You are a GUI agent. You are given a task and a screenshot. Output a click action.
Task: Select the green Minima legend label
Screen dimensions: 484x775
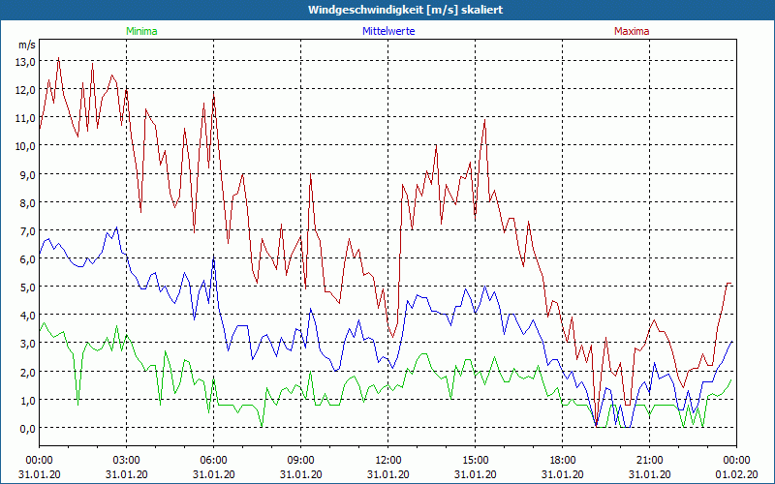[141, 31]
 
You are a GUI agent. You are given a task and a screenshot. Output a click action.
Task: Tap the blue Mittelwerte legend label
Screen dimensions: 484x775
[387, 31]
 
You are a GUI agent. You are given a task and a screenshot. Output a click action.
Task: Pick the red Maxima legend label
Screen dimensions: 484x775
[632, 31]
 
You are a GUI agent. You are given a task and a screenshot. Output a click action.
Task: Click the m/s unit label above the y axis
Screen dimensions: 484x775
[26, 45]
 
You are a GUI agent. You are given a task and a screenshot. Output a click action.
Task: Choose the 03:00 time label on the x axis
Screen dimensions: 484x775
[126, 460]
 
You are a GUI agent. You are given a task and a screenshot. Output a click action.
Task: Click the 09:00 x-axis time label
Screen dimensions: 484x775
[300, 460]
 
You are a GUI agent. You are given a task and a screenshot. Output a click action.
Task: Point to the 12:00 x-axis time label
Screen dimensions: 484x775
[387, 460]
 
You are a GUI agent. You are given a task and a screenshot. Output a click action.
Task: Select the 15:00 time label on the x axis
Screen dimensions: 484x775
[475, 460]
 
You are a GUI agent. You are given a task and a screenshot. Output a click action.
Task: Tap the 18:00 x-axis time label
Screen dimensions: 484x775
[562, 460]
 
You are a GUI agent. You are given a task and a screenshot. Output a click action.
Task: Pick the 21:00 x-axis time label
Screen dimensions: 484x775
[649, 460]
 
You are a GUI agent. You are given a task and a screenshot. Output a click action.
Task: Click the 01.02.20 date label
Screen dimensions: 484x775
[736, 474]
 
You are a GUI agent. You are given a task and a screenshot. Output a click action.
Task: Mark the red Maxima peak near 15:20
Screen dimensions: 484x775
[484, 120]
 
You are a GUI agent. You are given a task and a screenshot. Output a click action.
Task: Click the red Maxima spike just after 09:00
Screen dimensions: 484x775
[310, 175]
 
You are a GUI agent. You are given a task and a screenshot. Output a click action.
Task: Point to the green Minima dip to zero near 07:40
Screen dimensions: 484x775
[262, 427]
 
